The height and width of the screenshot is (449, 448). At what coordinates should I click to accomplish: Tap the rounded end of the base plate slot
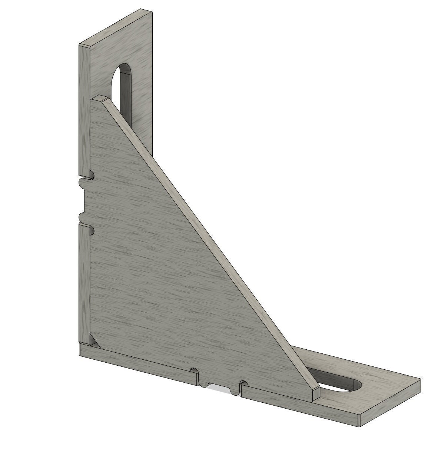tap(358, 385)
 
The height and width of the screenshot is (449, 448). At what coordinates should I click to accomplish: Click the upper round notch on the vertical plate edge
tap(91, 174)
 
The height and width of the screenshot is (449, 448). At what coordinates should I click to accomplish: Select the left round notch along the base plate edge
tap(193, 371)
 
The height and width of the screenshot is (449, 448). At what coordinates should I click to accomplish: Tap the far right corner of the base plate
tap(421, 380)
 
